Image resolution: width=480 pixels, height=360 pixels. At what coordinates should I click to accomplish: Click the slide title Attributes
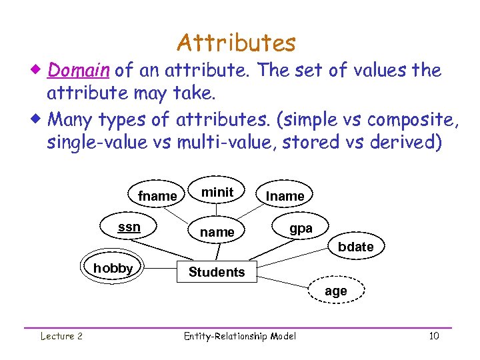(x=236, y=43)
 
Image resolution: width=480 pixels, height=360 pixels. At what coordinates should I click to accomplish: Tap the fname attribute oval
(x=157, y=196)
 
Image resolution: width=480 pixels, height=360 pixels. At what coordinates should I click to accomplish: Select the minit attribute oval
(x=217, y=192)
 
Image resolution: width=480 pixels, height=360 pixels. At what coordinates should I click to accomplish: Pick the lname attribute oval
(x=285, y=196)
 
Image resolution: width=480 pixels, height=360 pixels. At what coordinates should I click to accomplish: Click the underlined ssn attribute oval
(x=129, y=227)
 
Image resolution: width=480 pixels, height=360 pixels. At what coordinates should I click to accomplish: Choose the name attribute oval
(x=217, y=232)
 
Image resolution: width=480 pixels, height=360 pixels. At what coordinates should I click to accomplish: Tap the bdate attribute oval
(x=355, y=247)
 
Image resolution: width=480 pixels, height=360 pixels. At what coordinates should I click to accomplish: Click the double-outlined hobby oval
(x=113, y=268)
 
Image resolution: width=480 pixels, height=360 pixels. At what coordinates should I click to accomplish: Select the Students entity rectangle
(x=217, y=272)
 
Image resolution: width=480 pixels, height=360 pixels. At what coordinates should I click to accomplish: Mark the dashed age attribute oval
(x=335, y=291)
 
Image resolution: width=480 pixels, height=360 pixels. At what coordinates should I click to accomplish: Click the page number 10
(x=433, y=336)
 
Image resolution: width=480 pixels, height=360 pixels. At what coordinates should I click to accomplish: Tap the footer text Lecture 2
(x=61, y=336)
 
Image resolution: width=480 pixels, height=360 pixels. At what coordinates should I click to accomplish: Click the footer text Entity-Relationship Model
(x=239, y=336)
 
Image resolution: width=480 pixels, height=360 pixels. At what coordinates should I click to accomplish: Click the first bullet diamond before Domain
(x=39, y=70)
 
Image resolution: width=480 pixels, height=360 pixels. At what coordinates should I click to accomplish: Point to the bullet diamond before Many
(x=39, y=120)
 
